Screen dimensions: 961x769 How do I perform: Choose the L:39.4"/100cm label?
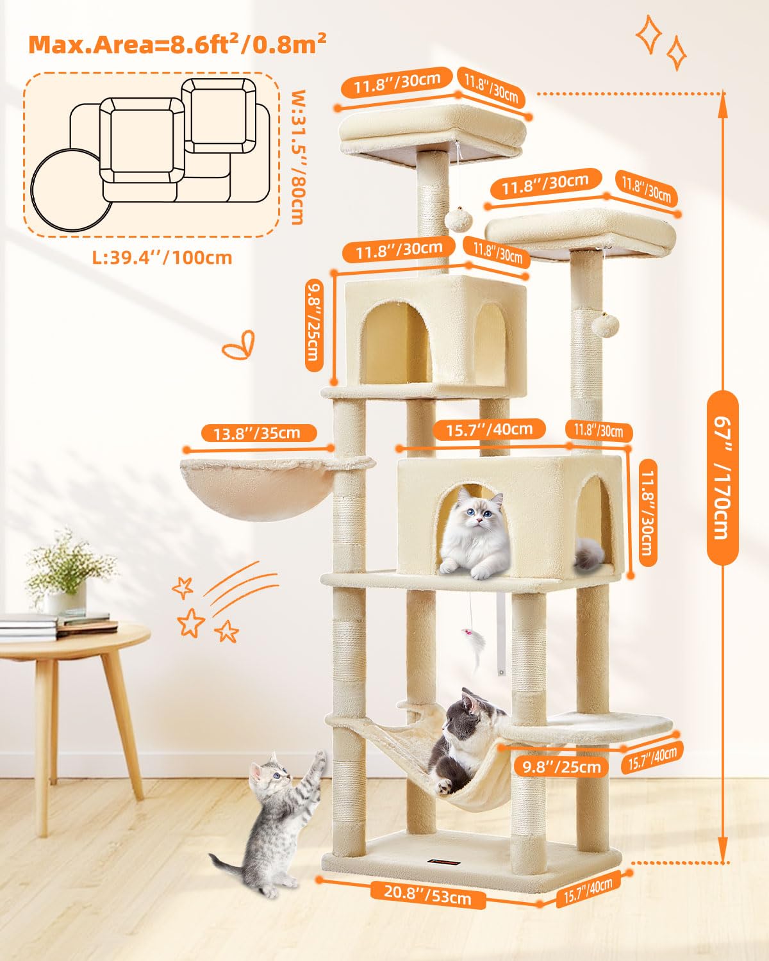[x=161, y=258]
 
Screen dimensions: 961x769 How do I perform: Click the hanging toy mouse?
[x=475, y=648]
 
